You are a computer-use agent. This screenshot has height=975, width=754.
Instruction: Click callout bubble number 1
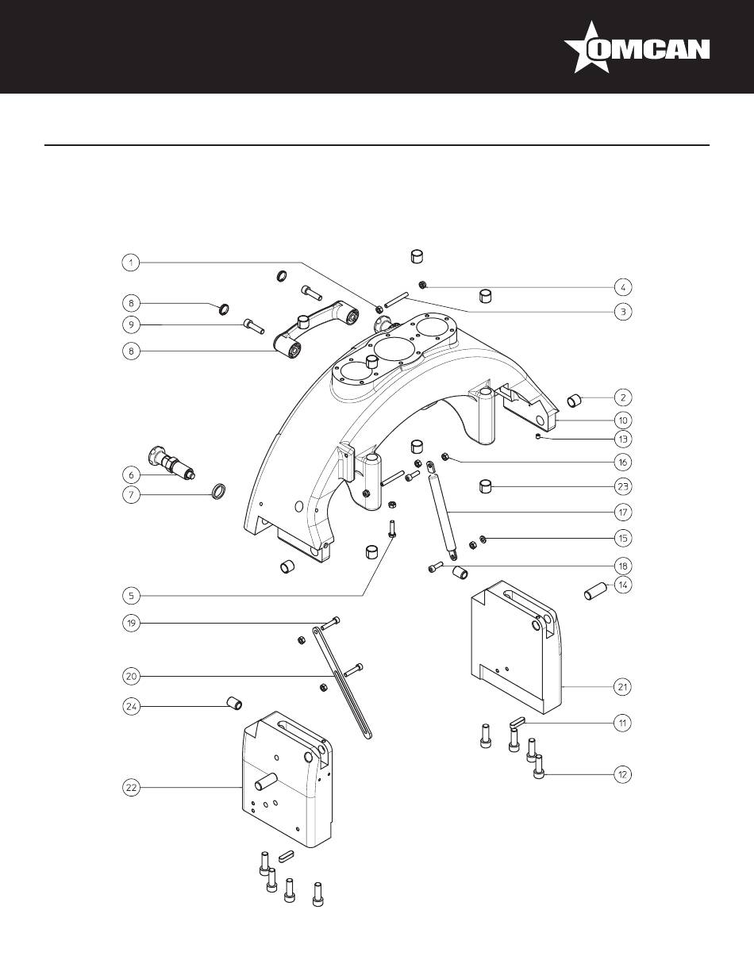click(131, 263)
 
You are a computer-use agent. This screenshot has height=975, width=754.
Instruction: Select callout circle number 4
click(623, 286)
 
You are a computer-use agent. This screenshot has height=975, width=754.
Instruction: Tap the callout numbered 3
click(623, 312)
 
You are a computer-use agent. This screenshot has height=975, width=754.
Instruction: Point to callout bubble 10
click(623, 420)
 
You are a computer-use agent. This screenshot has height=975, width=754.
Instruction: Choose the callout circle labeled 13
click(623, 439)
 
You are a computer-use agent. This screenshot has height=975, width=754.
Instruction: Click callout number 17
click(623, 512)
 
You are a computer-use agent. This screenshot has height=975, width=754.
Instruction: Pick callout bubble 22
click(131, 788)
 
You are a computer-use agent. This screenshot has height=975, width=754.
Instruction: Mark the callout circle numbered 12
click(622, 774)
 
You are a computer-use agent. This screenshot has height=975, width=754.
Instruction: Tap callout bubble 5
click(131, 596)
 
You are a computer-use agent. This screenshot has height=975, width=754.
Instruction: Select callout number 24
click(131, 707)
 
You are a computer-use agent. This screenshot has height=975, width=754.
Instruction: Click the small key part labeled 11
click(517, 722)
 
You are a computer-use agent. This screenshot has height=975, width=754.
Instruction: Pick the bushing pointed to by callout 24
click(233, 703)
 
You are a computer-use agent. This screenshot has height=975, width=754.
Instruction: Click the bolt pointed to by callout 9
click(253, 325)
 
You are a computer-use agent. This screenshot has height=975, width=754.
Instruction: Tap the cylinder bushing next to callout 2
click(575, 400)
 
